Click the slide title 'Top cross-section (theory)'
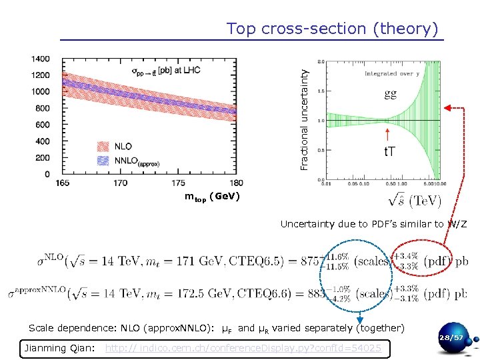pos(332,29)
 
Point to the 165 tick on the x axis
pos(62,183)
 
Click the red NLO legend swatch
pos(103,146)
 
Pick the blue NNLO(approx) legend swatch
pos(103,161)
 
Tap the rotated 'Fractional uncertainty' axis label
pos(304,111)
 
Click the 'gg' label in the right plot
pos(391,94)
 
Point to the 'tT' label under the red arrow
pos(389,152)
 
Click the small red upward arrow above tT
pos(387,133)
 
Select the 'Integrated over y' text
pos(390,73)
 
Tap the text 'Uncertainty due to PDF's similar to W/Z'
pos(374,224)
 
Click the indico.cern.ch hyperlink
pos(243,348)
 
